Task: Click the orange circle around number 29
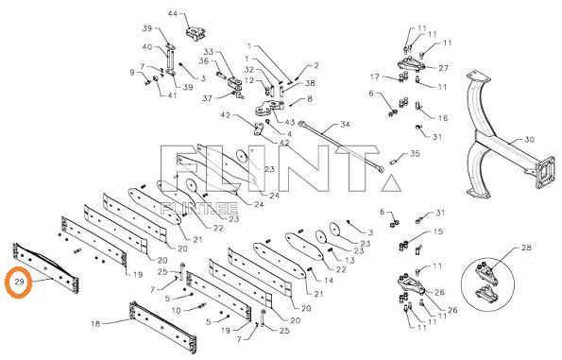tap(6, 283)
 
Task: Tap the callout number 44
tap(173, 14)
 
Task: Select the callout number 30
tap(529, 140)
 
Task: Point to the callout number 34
tap(345, 125)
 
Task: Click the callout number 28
tap(526, 248)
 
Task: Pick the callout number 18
tap(95, 324)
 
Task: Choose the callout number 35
tap(415, 154)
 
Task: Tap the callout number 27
tap(443, 68)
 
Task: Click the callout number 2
tap(316, 65)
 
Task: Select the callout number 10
tap(176, 310)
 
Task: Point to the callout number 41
tap(172, 95)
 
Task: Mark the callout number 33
tap(209, 52)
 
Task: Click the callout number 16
tap(443, 118)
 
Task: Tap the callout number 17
tap(375, 77)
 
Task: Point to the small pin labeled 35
tap(393, 163)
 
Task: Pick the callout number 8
tap(309, 98)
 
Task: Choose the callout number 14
tap(329, 280)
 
